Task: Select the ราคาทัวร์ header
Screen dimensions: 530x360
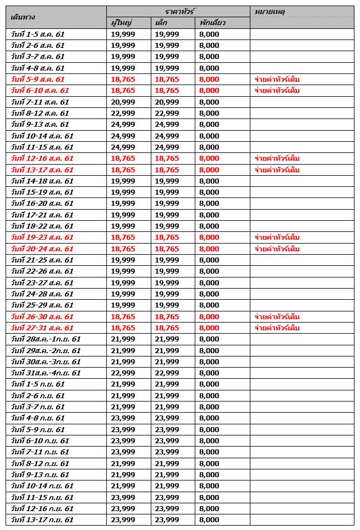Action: [x=178, y=11]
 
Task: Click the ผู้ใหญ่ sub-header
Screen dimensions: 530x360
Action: [x=121, y=23]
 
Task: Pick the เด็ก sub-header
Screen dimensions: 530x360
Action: [x=161, y=23]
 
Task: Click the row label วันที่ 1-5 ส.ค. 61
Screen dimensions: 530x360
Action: [x=38, y=34]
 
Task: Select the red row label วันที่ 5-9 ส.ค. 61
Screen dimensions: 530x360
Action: [x=38, y=79]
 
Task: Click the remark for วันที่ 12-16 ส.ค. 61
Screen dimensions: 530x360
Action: [x=277, y=158]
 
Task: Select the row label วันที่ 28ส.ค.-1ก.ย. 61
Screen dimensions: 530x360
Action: [x=46, y=339]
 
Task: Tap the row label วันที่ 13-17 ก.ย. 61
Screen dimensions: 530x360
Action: [x=42, y=520]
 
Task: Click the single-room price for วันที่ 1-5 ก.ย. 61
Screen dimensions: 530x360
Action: [x=209, y=384]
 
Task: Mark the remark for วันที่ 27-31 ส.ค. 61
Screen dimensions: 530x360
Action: [x=277, y=328]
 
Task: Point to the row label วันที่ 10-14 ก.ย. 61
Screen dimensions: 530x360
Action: [x=42, y=486]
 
